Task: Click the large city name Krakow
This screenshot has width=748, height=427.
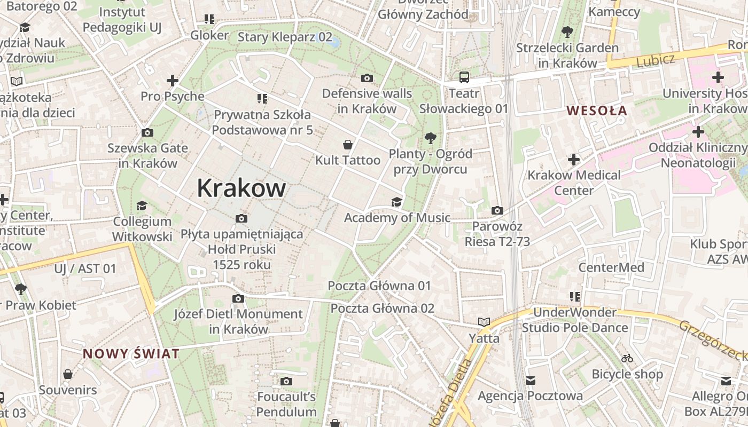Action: [241, 188]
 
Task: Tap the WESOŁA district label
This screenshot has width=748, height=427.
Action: [597, 111]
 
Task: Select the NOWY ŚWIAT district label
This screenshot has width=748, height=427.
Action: [131, 354]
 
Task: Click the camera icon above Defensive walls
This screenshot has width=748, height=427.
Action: [367, 78]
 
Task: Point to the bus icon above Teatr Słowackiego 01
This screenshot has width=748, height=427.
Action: [464, 77]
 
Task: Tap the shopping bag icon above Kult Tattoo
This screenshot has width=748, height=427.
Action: [348, 145]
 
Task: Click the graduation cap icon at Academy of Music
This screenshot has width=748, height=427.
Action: [396, 202]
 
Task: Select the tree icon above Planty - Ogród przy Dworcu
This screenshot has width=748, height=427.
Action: [430, 139]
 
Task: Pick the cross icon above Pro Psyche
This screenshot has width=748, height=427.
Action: [172, 81]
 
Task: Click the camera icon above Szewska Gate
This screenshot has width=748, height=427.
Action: [147, 132]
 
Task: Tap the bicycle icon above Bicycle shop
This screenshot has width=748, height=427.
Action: [627, 358]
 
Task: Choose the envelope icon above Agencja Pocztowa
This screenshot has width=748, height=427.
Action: [530, 381]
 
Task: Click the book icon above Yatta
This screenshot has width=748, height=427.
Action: [484, 322]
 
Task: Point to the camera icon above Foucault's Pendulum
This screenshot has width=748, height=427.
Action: [286, 381]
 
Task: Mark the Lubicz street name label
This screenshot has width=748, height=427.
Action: [656, 60]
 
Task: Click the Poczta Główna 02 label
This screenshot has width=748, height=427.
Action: [382, 309]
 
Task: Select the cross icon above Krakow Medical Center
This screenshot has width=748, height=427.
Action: [574, 159]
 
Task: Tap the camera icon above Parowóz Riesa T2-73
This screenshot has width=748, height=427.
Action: [497, 211]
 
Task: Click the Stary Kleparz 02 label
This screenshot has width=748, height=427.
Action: [285, 37]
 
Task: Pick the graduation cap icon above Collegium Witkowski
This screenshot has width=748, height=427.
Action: [142, 206]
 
